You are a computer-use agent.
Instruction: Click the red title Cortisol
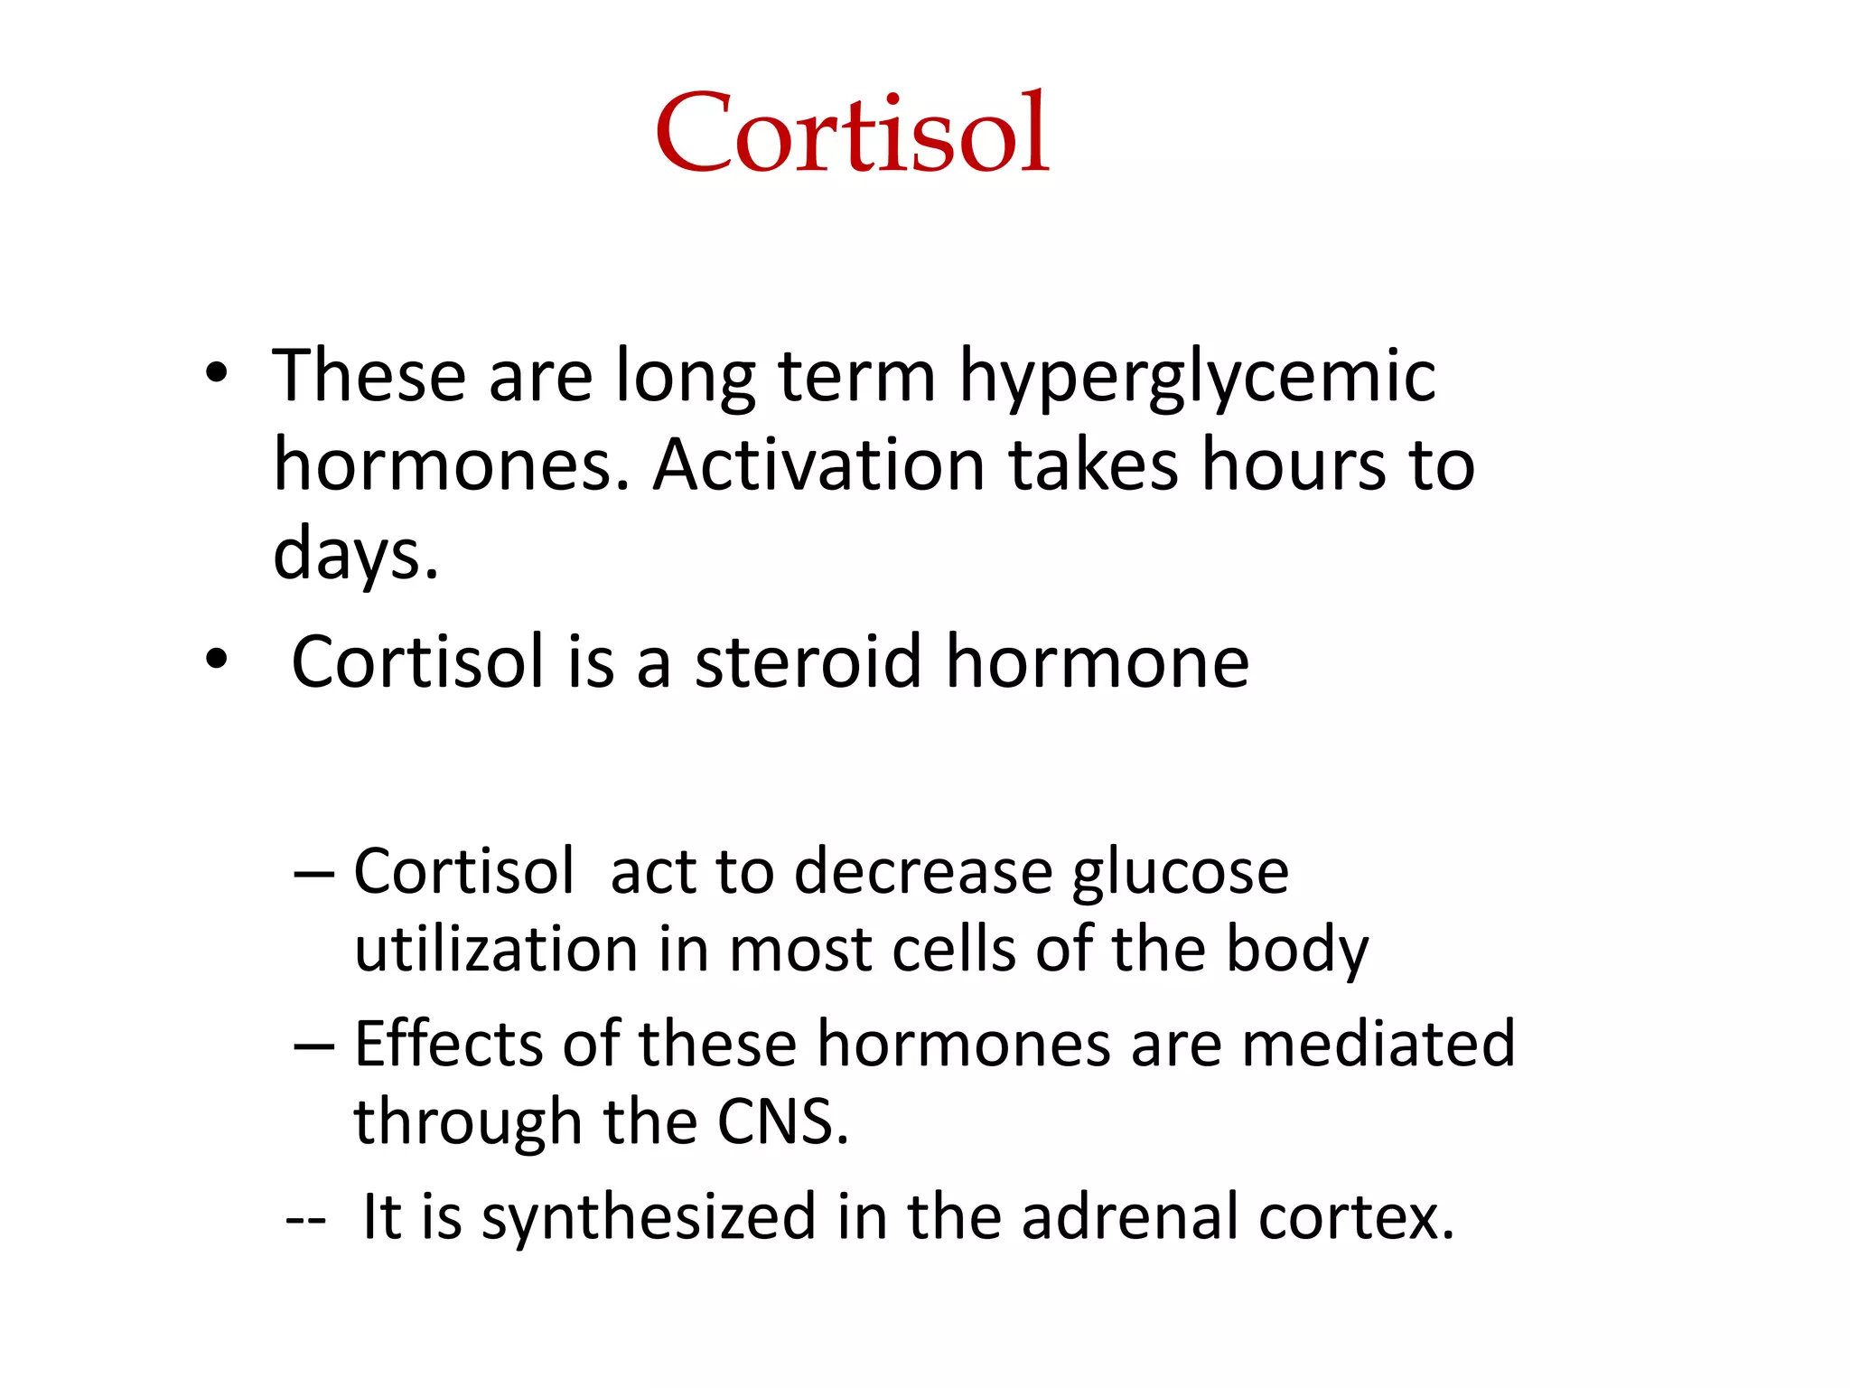[852, 133]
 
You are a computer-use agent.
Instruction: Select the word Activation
[818, 465]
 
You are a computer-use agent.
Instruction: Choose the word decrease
[923, 873]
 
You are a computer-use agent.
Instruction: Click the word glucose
[1180, 875]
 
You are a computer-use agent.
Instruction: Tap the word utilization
[496, 951]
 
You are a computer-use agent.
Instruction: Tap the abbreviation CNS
[782, 1122]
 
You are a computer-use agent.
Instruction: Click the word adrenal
[1129, 1218]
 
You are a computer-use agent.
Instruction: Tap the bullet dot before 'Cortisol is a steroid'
[216, 660]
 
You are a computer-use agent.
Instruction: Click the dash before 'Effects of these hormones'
[313, 1046]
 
